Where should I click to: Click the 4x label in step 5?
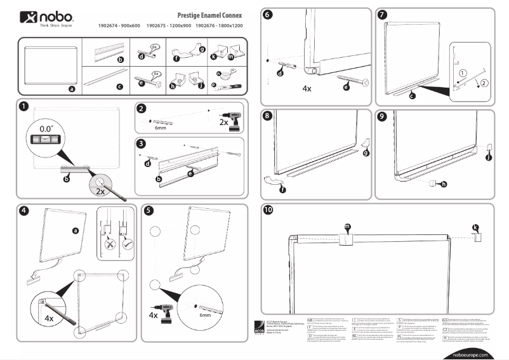tap(154, 314)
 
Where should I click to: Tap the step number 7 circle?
tap(382, 15)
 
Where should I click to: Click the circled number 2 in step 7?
tap(484, 82)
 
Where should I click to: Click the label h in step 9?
tap(443, 184)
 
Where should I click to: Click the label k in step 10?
tap(476, 227)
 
